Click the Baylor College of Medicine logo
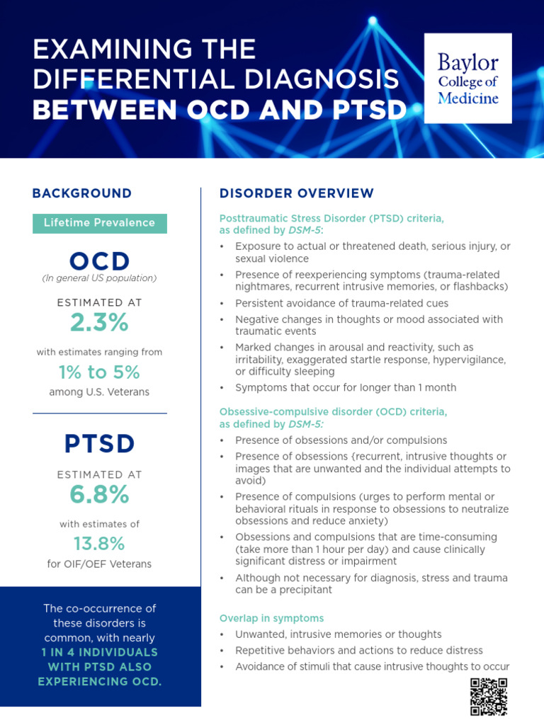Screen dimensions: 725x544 click(x=467, y=78)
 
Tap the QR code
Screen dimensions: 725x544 click(x=489, y=697)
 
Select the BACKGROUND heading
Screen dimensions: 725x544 click(x=82, y=193)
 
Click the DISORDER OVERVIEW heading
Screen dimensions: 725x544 click(x=297, y=193)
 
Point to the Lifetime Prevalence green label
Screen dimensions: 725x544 click(x=100, y=223)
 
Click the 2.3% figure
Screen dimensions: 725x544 click(x=100, y=322)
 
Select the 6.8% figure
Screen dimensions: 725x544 click(x=100, y=495)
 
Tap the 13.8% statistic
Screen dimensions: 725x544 click(x=100, y=544)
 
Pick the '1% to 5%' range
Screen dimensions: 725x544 click(x=100, y=372)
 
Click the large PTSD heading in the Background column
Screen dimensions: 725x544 click(x=100, y=444)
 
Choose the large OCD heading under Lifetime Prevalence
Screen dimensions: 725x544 click(x=100, y=261)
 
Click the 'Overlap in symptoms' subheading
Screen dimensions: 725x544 click(x=272, y=618)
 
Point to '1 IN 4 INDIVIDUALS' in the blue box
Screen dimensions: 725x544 click(x=100, y=652)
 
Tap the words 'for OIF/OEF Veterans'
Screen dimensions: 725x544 click(x=100, y=564)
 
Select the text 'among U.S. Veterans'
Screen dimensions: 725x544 click(x=100, y=392)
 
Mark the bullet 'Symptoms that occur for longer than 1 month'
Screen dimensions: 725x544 click(x=346, y=387)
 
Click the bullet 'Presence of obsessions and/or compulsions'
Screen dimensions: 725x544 click(x=341, y=440)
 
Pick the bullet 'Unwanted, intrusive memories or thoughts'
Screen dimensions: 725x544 click(x=339, y=634)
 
